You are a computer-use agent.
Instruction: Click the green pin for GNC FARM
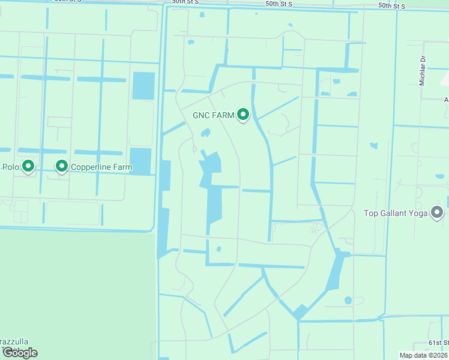click(x=243, y=114)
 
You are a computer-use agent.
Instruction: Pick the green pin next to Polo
click(x=28, y=166)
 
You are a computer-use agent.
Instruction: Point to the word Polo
click(x=11, y=166)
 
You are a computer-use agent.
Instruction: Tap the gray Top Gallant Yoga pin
click(x=437, y=212)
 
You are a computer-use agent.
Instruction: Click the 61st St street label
click(x=438, y=343)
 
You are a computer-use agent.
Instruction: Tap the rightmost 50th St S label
click(x=392, y=5)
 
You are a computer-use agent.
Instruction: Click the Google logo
click(x=20, y=353)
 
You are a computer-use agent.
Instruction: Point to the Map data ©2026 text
click(x=423, y=355)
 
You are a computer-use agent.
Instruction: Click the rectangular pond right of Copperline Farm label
click(x=140, y=161)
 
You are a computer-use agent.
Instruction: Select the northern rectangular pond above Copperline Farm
click(x=143, y=85)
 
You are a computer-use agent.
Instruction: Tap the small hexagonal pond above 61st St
click(x=348, y=300)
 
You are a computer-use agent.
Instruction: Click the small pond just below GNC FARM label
click(x=205, y=133)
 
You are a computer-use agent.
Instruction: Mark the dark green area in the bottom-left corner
click(x=72, y=288)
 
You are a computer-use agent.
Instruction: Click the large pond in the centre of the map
click(x=214, y=192)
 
